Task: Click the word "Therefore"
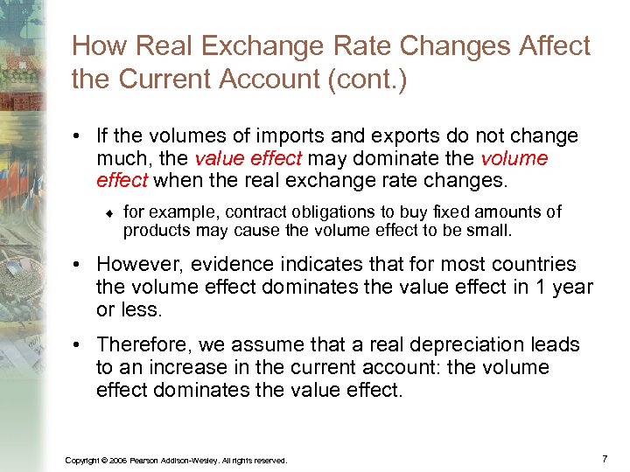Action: point(143,345)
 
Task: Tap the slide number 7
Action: point(605,458)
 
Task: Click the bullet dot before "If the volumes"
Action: point(80,137)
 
